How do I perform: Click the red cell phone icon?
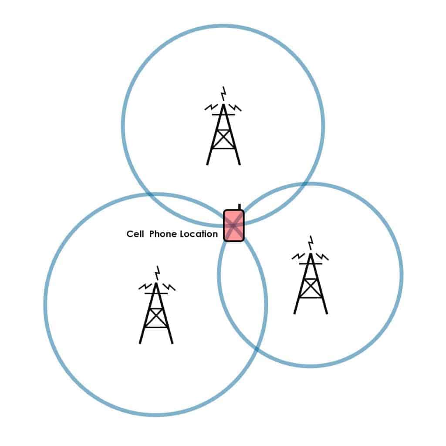(x=234, y=226)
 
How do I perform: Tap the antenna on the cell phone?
(x=240, y=207)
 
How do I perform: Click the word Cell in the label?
(x=135, y=234)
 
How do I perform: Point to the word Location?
(x=199, y=234)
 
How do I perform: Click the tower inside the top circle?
(x=223, y=134)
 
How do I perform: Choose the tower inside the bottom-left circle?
(x=156, y=313)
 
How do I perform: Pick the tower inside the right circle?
(x=311, y=284)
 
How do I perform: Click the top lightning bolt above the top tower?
(x=224, y=94)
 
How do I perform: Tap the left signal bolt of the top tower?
(x=211, y=107)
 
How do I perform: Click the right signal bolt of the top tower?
(x=235, y=108)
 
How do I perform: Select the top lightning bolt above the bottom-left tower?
(x=157, y=273)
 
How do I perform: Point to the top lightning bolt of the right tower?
(x=311, y=243)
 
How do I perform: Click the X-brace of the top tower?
(x=223, y=139)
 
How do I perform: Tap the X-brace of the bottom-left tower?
(x=156, y=318)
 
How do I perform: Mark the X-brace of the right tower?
(x=311, y=288)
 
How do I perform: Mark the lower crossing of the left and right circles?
(x=257, y=349)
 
